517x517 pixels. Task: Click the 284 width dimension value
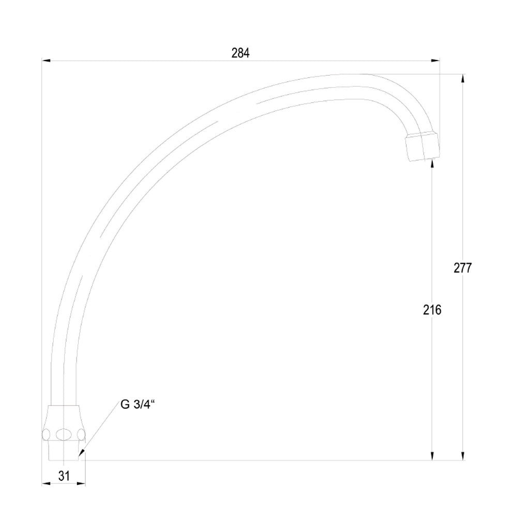tap(240, 53)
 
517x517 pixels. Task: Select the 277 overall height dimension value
tap(463, 268)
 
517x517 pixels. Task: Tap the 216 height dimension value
tap(432, 310)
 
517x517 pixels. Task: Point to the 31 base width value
tap(64, 476)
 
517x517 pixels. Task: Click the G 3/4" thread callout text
tap(138, 405)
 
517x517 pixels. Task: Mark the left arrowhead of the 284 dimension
tap(46, 60)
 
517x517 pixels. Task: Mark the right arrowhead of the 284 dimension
tap(435, 60)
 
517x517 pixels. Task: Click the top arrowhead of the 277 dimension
tap(463, 79)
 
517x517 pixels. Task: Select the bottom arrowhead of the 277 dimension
tap(463, 456)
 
